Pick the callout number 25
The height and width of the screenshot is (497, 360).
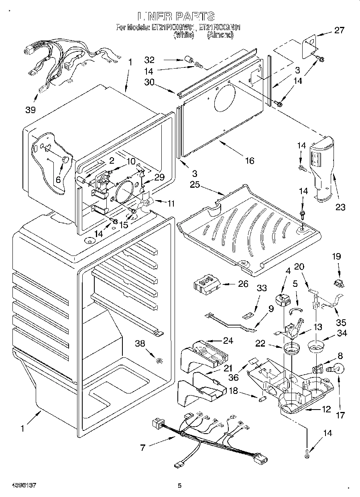[x=195, y=185]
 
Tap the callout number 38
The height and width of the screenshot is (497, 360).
[x=140, y=344]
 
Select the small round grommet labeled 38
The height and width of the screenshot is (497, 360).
[x=160, y=360]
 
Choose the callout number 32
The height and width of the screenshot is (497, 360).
[x=150, y=60]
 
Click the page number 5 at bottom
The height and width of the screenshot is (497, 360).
[x=180, y=486]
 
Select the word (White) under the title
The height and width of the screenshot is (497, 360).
[x=183, y=35]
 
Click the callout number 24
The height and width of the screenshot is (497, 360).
[x=228, y=341]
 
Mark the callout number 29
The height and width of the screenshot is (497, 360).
[x=159, y=177]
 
